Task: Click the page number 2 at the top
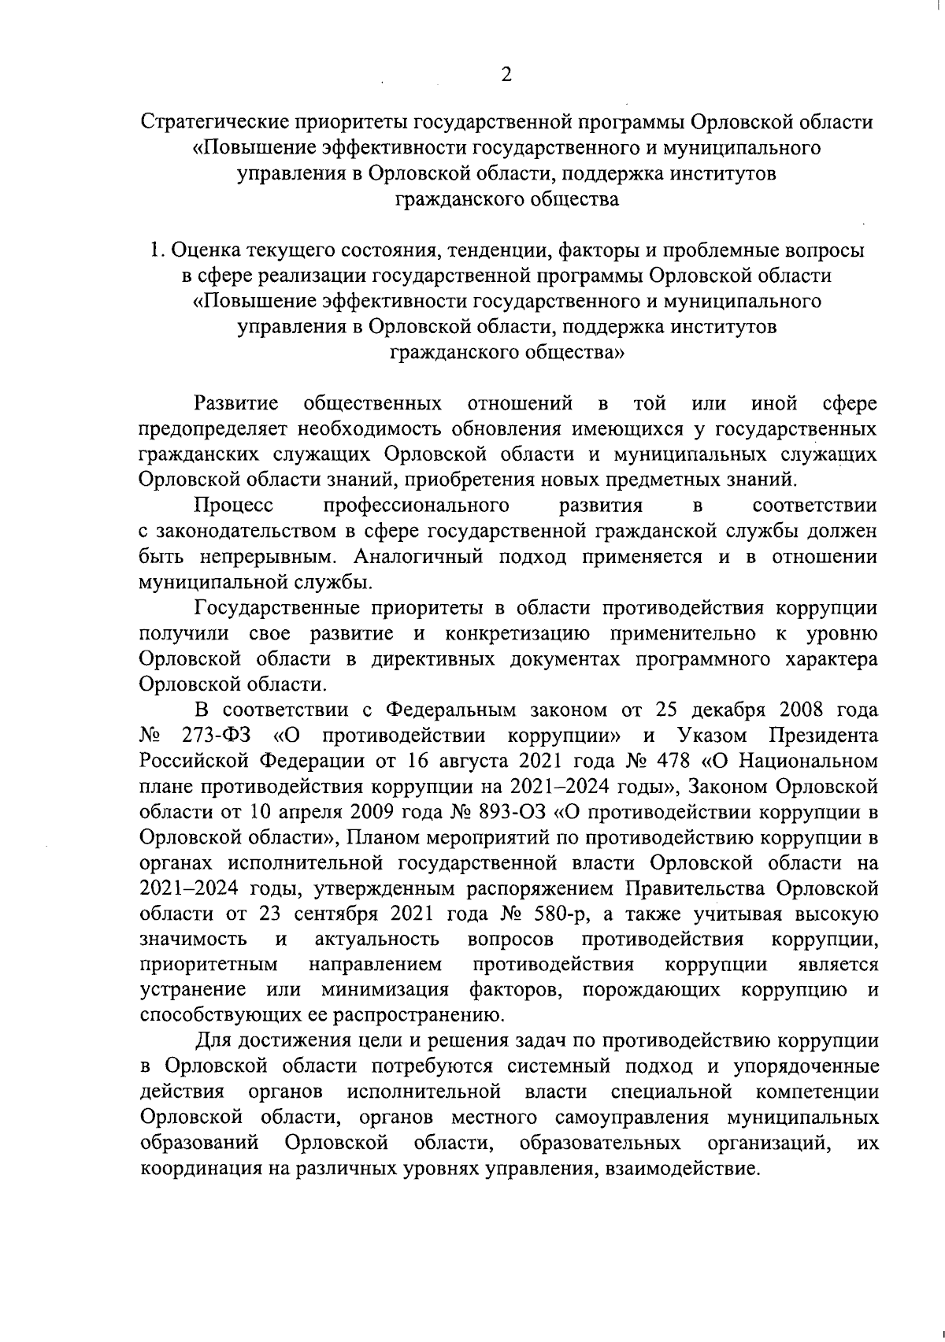[506, 75]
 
